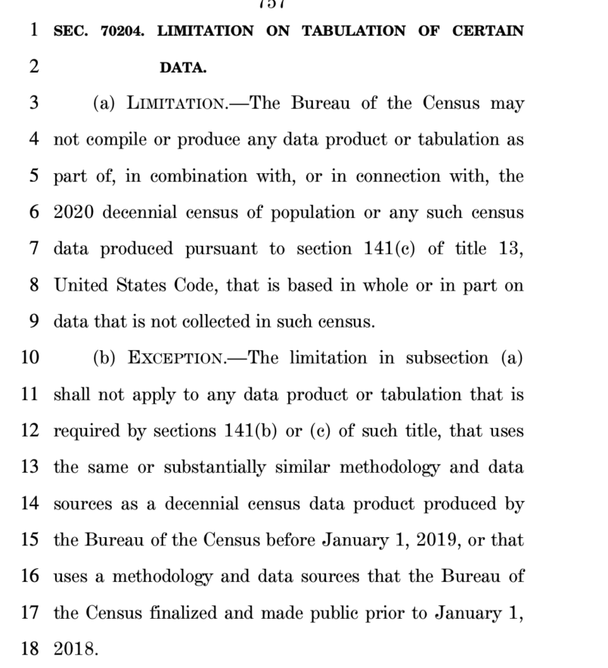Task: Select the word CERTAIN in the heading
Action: click(x=488, y=31)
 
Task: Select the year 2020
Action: click(x=73, y=213)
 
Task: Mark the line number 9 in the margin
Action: click(x=34, y=322)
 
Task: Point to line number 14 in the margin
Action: click(x=29, y=503)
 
